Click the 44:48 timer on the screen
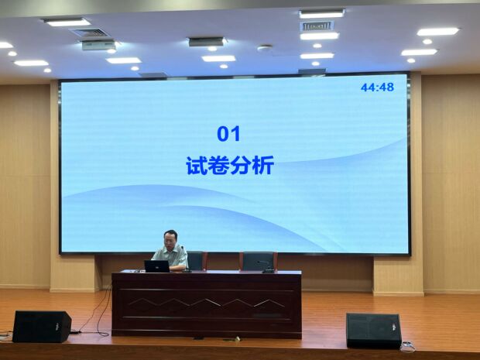pos(377,87)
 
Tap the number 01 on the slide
pos(228,134)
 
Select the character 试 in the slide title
pos(196,166)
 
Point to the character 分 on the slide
pos(241,166)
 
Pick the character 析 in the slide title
pos(263,166)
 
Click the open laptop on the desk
pos(156,266)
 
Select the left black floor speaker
pos(42,327)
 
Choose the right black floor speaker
pos(373,331)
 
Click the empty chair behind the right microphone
pos(258,261)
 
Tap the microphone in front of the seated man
pos(186,259)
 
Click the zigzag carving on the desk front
pos(207,303)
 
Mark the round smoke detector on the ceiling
pos(265,48)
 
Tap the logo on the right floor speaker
pos(394,327)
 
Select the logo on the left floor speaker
pos(57,327)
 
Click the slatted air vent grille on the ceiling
pos(317,26)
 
